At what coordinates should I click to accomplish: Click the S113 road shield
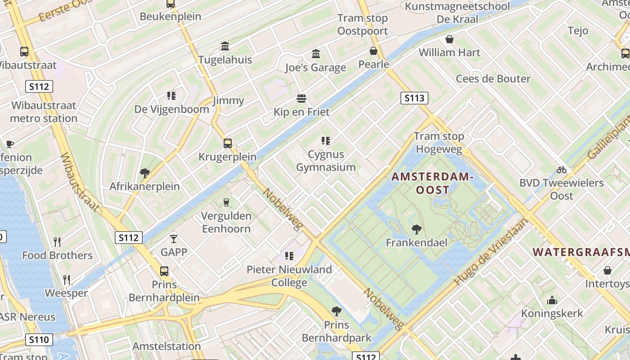[x=414, y=98]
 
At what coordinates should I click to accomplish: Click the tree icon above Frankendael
[x=417, y=229]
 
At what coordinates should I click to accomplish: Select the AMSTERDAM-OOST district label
[x=432, y=183]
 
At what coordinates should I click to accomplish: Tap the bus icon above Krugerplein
[x=228, y=144]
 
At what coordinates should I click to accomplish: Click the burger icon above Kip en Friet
[x=301, y=99]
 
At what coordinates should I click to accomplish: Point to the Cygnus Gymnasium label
[x=326, y=161]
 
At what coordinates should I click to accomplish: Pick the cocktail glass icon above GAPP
[x=174, y=238]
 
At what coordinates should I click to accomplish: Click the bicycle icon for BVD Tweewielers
[x=561, y=170]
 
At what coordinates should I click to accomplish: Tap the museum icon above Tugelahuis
[x=225, y=46]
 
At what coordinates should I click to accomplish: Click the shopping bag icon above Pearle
[x=373, y=51]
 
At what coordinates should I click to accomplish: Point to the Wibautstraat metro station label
[x=44, y=112]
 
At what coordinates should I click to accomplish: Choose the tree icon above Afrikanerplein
[x=145, y=173]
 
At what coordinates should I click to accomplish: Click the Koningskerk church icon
[x=552, y=300]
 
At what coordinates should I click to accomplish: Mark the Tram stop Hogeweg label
[x=439, y=143]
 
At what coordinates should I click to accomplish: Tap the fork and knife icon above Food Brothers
[x=57, y=242]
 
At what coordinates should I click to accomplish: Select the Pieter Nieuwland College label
[x=289, y=276]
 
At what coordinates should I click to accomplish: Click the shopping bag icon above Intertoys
[x=607, y=270]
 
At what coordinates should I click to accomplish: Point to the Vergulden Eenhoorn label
[x=226, y=222]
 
